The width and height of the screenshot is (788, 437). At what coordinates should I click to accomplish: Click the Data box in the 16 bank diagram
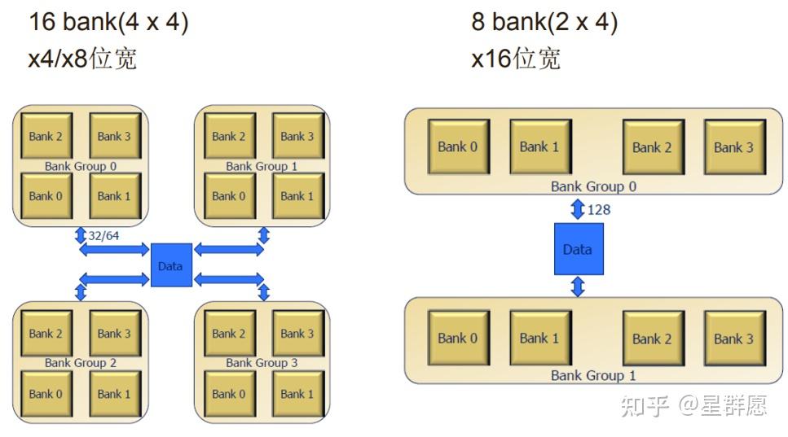[x=171, y=265]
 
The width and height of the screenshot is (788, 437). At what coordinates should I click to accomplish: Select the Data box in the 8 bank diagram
[x=579, y=249]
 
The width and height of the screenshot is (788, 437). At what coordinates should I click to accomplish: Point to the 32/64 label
[x=103, y=235]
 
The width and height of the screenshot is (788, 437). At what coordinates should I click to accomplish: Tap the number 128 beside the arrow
[x=599, y=209]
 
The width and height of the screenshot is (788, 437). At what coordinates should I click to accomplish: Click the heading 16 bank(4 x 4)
[x=108, y=22]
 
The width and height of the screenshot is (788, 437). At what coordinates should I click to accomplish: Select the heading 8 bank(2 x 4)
[x=544, y=22]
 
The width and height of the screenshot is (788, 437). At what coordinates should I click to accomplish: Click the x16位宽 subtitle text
[x=516, y=59]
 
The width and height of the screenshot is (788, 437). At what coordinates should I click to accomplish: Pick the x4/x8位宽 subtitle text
[x=82, y=59]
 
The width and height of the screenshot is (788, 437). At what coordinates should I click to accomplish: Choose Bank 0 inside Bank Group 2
[x=46, y=394]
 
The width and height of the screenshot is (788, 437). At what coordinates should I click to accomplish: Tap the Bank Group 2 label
[x=81, y=363]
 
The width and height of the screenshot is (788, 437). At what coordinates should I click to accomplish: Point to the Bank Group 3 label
[x=262, y=363]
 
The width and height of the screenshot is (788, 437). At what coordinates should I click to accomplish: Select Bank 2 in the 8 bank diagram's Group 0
[x=653, y=147]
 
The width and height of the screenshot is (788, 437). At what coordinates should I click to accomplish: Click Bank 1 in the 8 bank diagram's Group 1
[x=540, y=339]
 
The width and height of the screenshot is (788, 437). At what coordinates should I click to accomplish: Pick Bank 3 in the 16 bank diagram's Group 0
[x=115, y=136]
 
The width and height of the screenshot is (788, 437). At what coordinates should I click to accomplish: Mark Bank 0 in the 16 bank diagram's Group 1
[x=230, y=195]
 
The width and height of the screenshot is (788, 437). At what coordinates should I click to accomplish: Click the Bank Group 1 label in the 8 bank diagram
[x=593, y=375]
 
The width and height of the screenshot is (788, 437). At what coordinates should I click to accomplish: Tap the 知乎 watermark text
[x=645, y=405]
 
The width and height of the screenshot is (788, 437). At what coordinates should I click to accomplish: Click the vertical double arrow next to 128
[x=578, y=208]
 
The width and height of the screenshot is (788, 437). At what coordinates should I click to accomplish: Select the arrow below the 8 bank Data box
[x=578, y=286]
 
